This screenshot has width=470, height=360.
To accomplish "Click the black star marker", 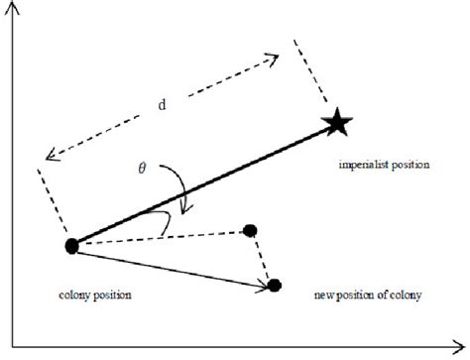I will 337,124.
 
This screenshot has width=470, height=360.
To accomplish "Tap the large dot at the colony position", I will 71,245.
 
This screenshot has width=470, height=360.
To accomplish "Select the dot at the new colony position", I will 275,285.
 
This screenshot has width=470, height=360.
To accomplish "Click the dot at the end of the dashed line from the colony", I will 250,231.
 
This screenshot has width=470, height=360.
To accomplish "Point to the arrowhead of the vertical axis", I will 9,7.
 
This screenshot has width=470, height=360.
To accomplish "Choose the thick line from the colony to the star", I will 198,186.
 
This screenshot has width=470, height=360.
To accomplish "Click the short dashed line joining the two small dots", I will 262,258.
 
